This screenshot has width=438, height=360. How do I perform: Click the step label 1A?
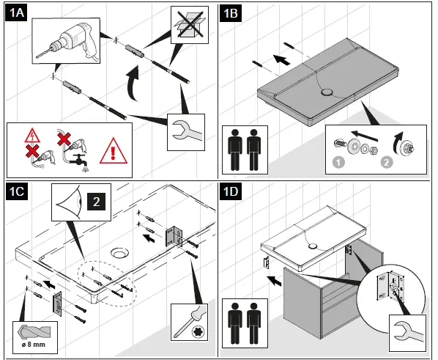[16, 13]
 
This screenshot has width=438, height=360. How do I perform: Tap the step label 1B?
[231, 13]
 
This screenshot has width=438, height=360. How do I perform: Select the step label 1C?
[17, 191]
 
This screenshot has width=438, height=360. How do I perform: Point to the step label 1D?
[231, 191]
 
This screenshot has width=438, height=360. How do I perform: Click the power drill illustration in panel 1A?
[67, 41]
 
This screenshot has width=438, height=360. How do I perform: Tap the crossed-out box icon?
[190, 25]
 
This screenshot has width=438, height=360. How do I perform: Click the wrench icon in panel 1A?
[186, 131]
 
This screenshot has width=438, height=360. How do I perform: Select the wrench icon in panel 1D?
[408, 333]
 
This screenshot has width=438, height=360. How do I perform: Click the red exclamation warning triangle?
[113, 151]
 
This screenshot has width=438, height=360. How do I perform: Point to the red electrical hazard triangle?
[32, 135]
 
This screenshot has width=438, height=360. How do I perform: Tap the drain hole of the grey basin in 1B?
[326, 92]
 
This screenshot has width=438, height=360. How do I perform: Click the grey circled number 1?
[338, 163]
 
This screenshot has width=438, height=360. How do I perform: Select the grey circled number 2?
[387, 162]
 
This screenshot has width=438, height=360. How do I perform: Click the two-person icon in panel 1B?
[245, 150]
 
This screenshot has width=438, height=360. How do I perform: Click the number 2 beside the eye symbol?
[97, 202]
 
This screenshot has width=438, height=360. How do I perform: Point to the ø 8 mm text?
[34, 345]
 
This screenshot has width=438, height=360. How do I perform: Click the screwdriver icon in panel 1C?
[190, 322]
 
